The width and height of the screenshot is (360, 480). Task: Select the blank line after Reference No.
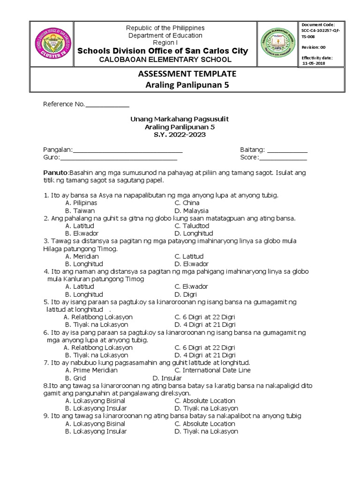107,105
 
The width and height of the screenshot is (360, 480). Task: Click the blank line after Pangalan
127,150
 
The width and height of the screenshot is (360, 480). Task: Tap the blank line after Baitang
286,150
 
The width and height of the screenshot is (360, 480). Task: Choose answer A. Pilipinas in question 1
81,203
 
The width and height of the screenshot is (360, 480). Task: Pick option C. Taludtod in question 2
191,226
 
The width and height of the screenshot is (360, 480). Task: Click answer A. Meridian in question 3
82,256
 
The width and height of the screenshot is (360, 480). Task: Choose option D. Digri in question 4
185,294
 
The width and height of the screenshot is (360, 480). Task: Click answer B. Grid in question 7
75,378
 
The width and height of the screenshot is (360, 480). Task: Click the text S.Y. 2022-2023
180,135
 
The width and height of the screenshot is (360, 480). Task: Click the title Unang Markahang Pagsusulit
180,120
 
